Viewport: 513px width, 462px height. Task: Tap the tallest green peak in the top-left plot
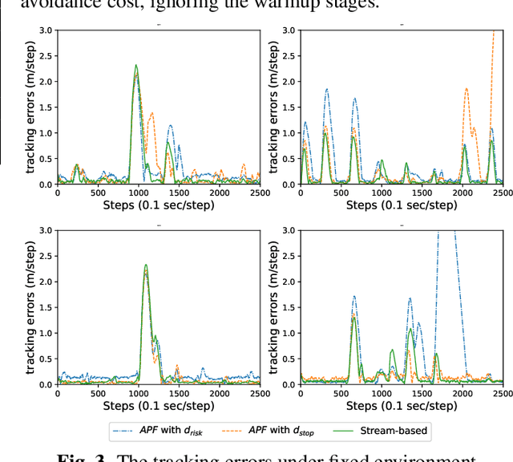[x=136, y=66]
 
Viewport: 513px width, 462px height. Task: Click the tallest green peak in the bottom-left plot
[x=145, y=265]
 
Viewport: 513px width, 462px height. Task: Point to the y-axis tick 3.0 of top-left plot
[x=45, y=30]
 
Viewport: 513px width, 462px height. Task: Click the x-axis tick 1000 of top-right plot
[x=382, y=193]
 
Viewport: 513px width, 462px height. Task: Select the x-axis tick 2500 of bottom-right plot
[x=503, y=394]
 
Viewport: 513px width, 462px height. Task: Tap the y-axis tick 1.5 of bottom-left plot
[x=45, y=307]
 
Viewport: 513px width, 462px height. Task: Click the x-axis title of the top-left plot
[x=158, y=205]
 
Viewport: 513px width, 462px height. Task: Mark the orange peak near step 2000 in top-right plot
[x=466, y=89]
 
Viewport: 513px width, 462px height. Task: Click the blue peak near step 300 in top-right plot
[x=326, y=90]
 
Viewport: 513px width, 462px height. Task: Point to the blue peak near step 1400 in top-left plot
[x=170, y=126]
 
